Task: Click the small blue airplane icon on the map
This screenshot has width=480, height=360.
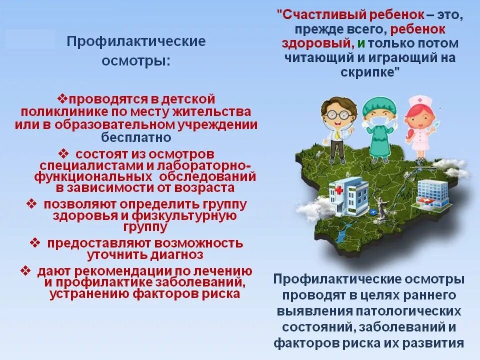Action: [374, 212]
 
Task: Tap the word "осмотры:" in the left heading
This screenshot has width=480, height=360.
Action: [136, 61]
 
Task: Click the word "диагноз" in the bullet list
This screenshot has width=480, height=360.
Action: [172, 254]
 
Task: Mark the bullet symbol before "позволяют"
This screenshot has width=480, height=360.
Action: [31, 203]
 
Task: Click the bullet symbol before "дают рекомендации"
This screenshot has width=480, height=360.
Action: [25, 270]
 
